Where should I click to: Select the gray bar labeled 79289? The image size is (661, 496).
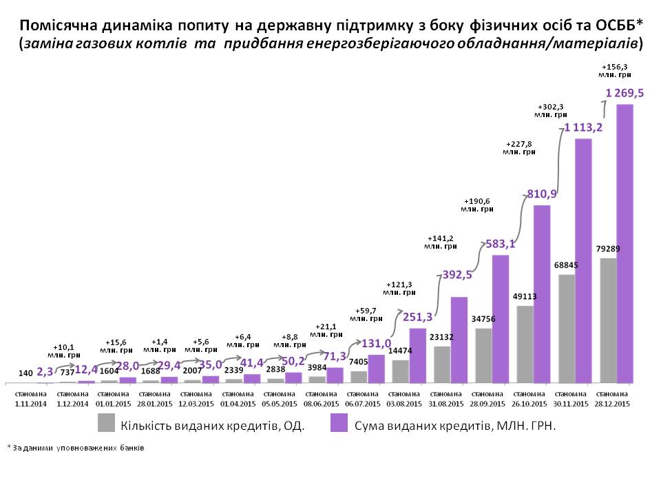(608, 320)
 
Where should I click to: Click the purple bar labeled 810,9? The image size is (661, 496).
(542, 293)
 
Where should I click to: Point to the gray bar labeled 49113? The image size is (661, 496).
(525, 344)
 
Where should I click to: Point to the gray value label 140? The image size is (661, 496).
(25, 373)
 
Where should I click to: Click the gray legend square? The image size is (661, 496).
(106, 422)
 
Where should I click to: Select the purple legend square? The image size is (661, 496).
(339, 422)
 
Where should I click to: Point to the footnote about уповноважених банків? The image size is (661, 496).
(76, 448)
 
